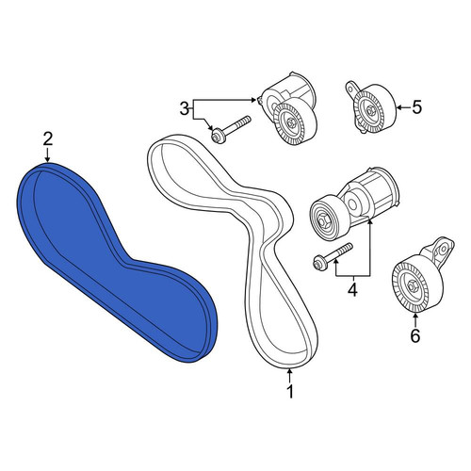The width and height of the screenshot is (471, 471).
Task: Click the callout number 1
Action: [290, 391]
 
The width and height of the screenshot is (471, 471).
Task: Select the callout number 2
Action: [48, 139]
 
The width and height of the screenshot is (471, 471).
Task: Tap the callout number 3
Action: [185, 108]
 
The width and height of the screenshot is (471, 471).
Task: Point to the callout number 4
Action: [352, 289]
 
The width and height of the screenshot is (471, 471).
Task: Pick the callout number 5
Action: [417, 107]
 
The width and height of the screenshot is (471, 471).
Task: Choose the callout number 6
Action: [415, 336]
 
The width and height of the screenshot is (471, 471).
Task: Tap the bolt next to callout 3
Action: [231, 128]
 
